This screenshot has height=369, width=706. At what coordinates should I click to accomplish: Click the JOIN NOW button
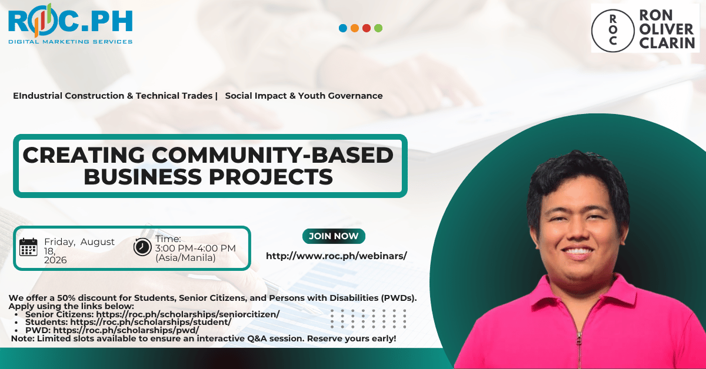(x=334, y=236)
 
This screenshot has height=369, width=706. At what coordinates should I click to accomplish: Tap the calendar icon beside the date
(x=28, y=247)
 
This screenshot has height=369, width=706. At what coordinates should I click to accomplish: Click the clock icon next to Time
(x=142, y=247)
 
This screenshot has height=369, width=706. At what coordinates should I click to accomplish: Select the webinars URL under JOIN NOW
(x=337, y=256)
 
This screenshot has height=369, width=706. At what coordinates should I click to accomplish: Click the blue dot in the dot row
(x=343, y=28)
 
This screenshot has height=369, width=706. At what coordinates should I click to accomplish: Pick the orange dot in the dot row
(x=355, y=28)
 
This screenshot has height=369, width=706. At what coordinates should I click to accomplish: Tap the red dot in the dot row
(x=367, y=28)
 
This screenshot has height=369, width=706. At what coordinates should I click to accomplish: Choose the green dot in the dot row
(x=378, y=28)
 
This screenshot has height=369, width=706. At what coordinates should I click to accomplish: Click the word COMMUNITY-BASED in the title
(x=272, y=155)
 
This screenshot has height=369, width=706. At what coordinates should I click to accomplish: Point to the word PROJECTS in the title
(x=271, y=177)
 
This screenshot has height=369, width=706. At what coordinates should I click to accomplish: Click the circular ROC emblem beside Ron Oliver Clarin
(x=612, y=31)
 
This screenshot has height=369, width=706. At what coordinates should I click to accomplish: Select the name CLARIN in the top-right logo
(x=667, y=43)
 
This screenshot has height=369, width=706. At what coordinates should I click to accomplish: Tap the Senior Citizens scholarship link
(x=188, y=314)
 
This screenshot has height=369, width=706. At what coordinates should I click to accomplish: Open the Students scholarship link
(x=151, y=322)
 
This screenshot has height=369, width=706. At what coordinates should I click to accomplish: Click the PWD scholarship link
(x=126, y=330)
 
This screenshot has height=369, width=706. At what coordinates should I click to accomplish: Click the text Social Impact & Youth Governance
(x=304, y=96)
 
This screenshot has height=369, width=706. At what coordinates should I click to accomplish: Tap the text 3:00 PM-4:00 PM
(x=195, y=249)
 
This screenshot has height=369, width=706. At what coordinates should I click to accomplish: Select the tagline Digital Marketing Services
(x=70, y=42)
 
